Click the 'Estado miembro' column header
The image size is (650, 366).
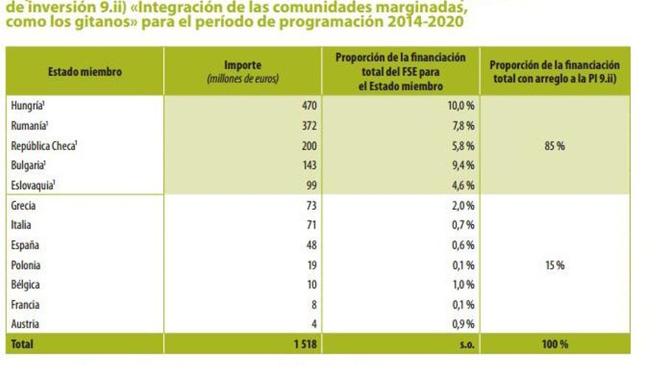tap(84, 72)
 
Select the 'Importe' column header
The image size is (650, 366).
tap(242, 65)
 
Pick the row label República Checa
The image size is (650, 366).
tap(44, 146)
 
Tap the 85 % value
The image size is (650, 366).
tap(555, 146)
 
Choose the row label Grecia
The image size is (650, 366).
tap(24, 206)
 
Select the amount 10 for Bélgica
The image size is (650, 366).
tap(311, 285)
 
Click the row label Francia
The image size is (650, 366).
tap(26, 305)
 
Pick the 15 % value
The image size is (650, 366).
tap(555, 265)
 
